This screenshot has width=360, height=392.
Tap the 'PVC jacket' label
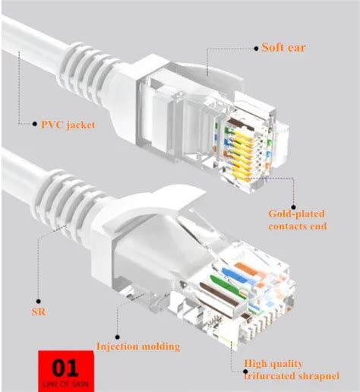point(68,124)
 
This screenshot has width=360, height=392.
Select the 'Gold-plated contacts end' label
point(298,220)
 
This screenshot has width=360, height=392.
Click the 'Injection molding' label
point(138,346)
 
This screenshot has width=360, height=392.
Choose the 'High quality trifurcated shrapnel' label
point(280,368)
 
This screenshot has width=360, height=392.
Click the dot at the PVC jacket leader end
point(34,124)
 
